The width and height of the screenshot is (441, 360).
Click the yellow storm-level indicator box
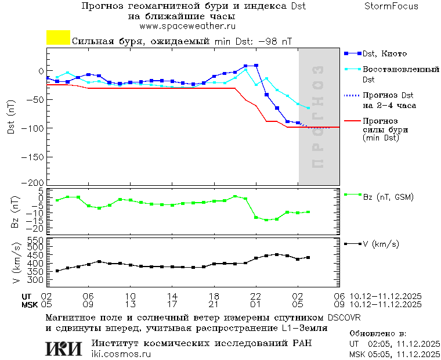pyautogui.click(x=58, y=38)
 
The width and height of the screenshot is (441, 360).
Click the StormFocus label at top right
pyautogui.click(x=391, y=6)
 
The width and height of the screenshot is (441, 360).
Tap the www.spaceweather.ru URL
pyautogui.click(x=187, y=26)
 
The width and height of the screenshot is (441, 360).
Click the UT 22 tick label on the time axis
pyautogui.click(x=256, y=296)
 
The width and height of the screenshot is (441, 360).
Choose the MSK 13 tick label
pyautogui.click(x=131, y=304)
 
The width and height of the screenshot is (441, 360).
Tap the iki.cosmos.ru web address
pyautogui.click(x=121, y=354)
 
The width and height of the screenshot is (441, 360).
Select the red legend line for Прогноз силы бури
pyautogui.click(x=352, y=121)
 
